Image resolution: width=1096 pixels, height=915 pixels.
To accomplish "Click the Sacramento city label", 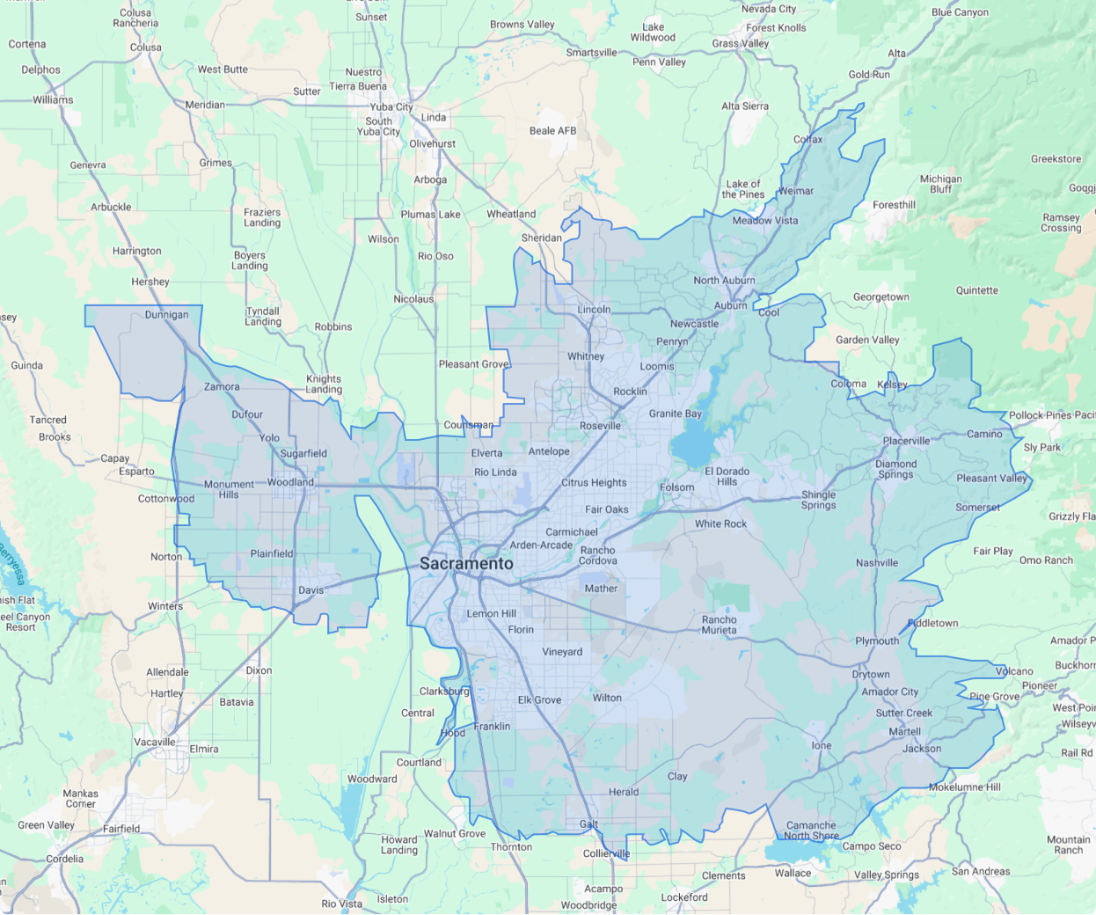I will point(466,563).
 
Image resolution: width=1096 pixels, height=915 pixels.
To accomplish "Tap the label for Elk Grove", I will point(539,700).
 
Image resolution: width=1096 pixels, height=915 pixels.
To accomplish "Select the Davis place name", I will point(311,590).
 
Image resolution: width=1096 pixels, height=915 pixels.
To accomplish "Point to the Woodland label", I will point(290,482).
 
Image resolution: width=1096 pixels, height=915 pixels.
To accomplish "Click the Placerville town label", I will point(906,441).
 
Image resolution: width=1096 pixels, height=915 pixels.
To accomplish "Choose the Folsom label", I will point(676,487).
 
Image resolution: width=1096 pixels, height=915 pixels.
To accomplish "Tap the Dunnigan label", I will point(166,315).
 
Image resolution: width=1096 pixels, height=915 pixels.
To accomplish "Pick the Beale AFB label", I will point(552,131).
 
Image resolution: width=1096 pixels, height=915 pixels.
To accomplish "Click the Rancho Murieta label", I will point(719,625).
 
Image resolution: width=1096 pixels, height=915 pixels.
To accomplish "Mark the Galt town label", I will point(588,824).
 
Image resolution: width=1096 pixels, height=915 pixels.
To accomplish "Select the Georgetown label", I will point(880,297).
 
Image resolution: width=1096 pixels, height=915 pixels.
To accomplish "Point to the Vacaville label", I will point(155,743).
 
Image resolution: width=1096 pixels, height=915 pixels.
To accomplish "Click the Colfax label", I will point(807,140).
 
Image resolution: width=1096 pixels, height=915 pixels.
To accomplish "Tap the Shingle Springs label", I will point(818,500).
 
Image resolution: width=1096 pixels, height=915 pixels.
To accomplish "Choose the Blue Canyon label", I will point(960,12).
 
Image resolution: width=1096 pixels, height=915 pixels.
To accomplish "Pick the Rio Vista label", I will point(341,904).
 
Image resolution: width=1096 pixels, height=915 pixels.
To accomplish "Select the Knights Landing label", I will point(324,384).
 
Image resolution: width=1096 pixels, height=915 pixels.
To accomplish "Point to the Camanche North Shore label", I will point(811,831).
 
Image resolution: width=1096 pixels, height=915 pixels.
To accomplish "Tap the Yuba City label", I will point(391,107).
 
